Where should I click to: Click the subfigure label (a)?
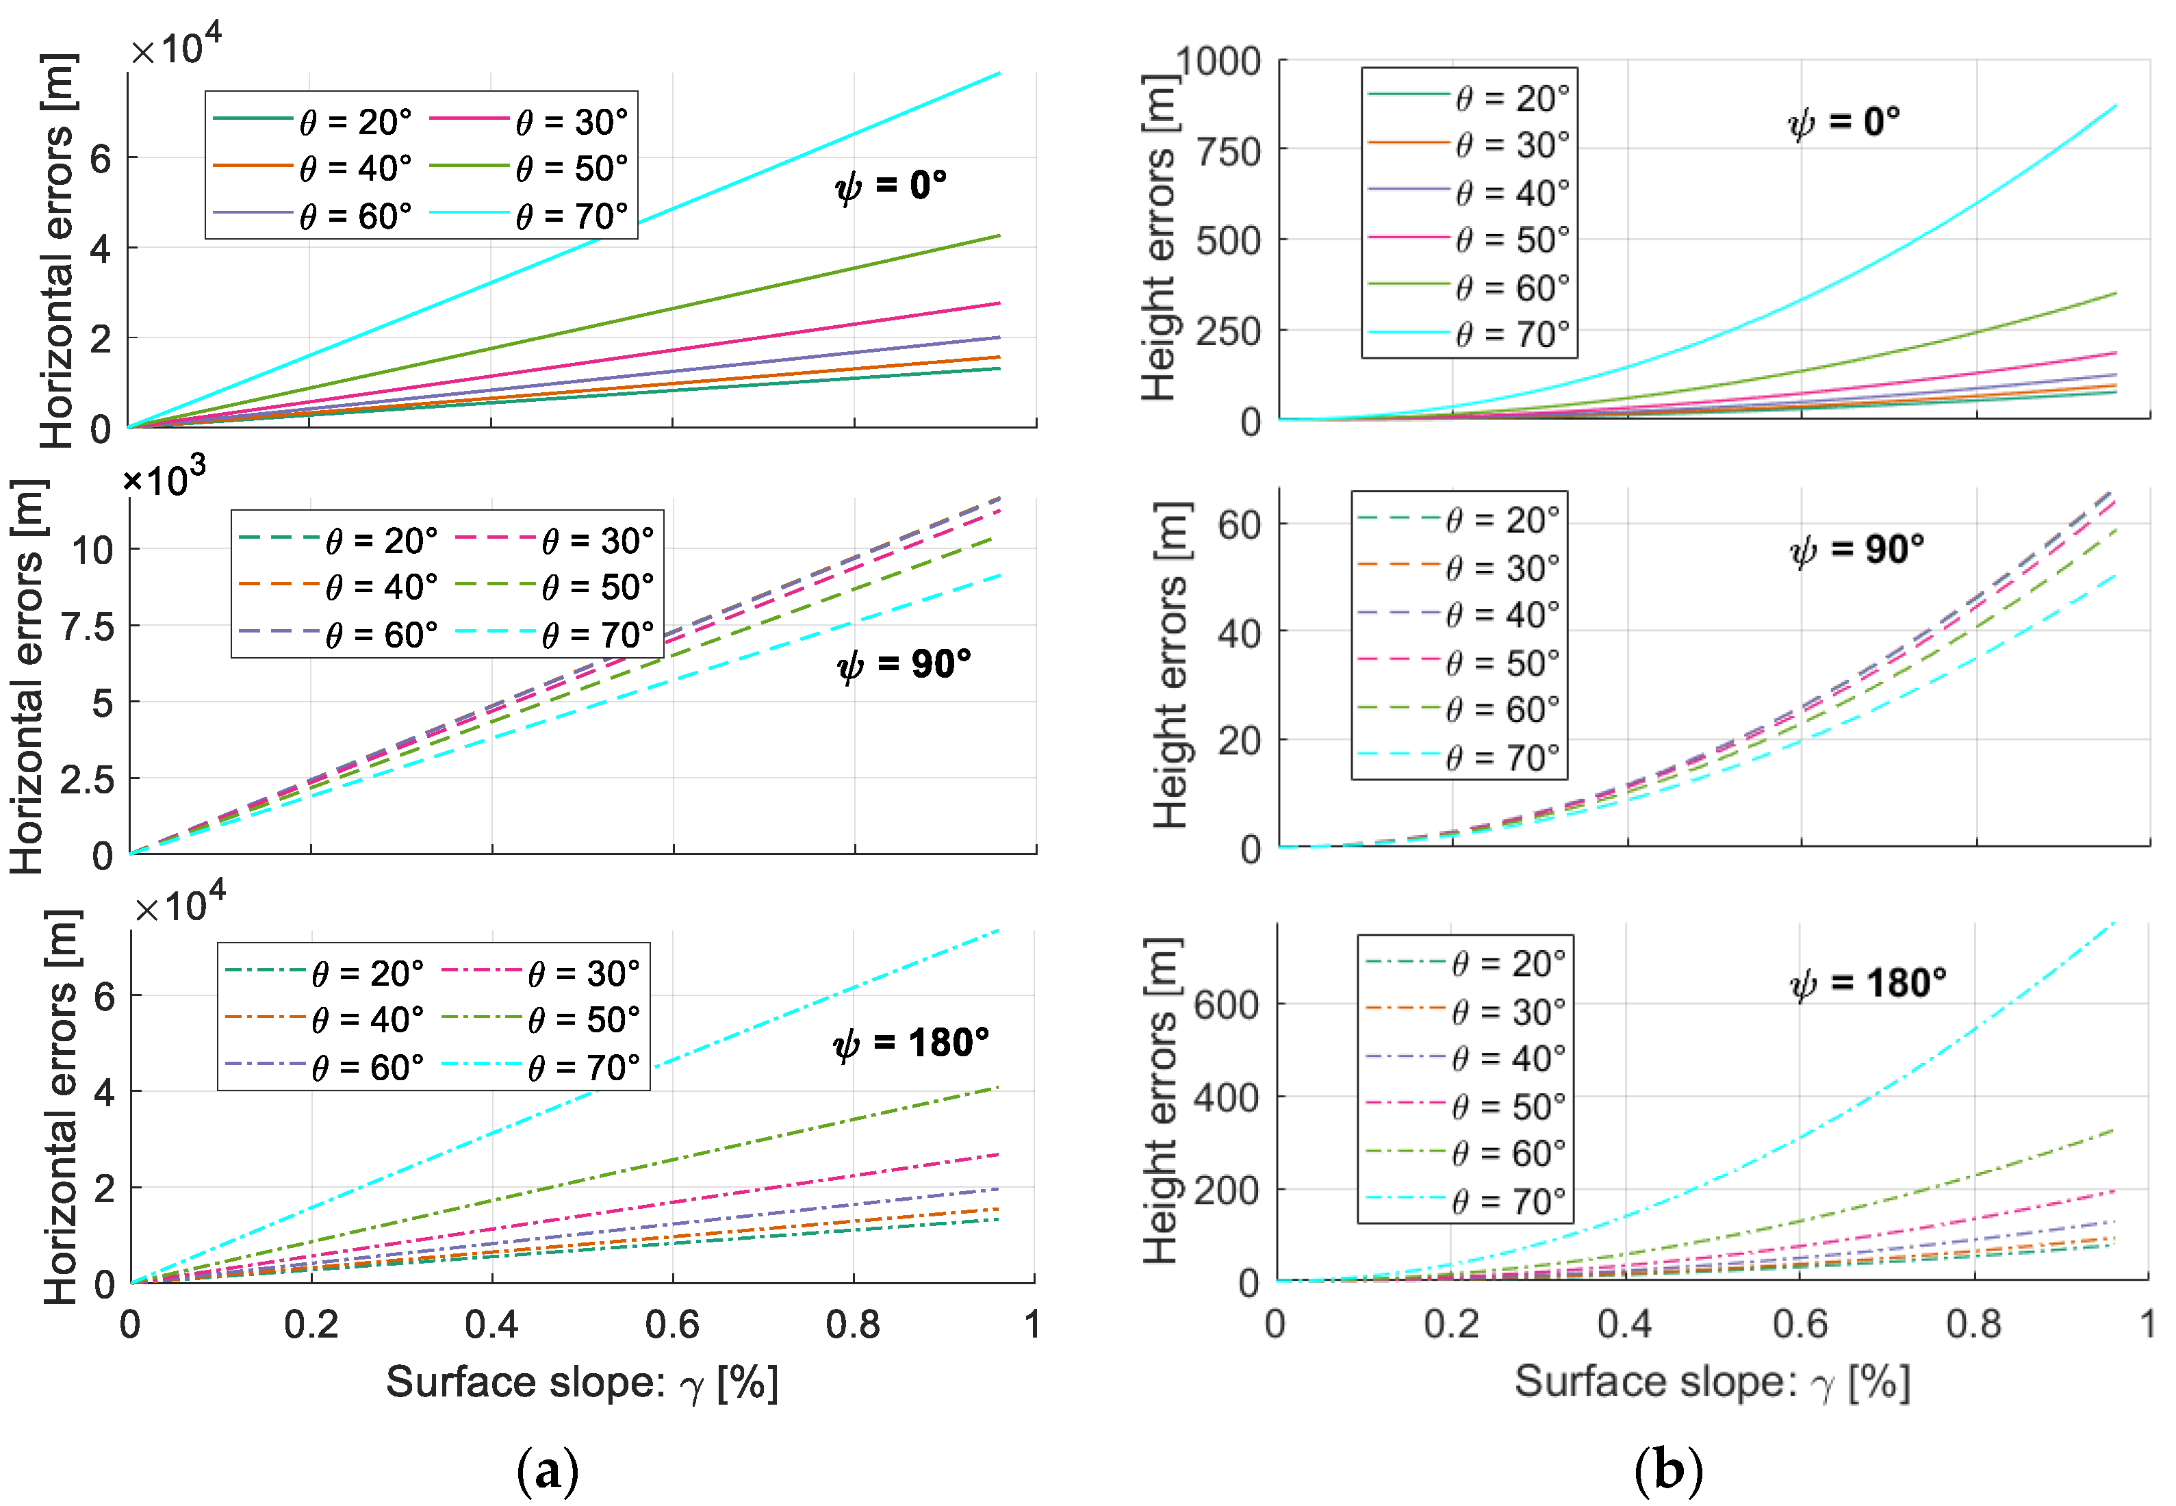(548, 1469)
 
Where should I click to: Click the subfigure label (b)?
(1667, 1469)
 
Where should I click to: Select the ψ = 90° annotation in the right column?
(1856, 549)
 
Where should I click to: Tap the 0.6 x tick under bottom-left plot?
(672, 1325)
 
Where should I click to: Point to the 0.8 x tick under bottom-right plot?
(1973, 1324)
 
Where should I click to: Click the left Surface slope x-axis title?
(583, 1383)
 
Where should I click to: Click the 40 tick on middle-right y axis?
(1239, 633)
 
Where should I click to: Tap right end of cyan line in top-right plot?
(2114, 107)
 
